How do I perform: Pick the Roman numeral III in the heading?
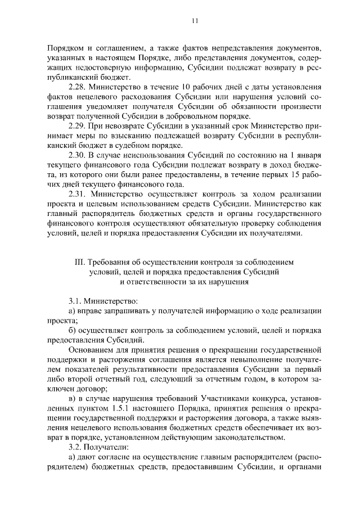(79, 262)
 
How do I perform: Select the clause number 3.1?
(75, 301)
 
